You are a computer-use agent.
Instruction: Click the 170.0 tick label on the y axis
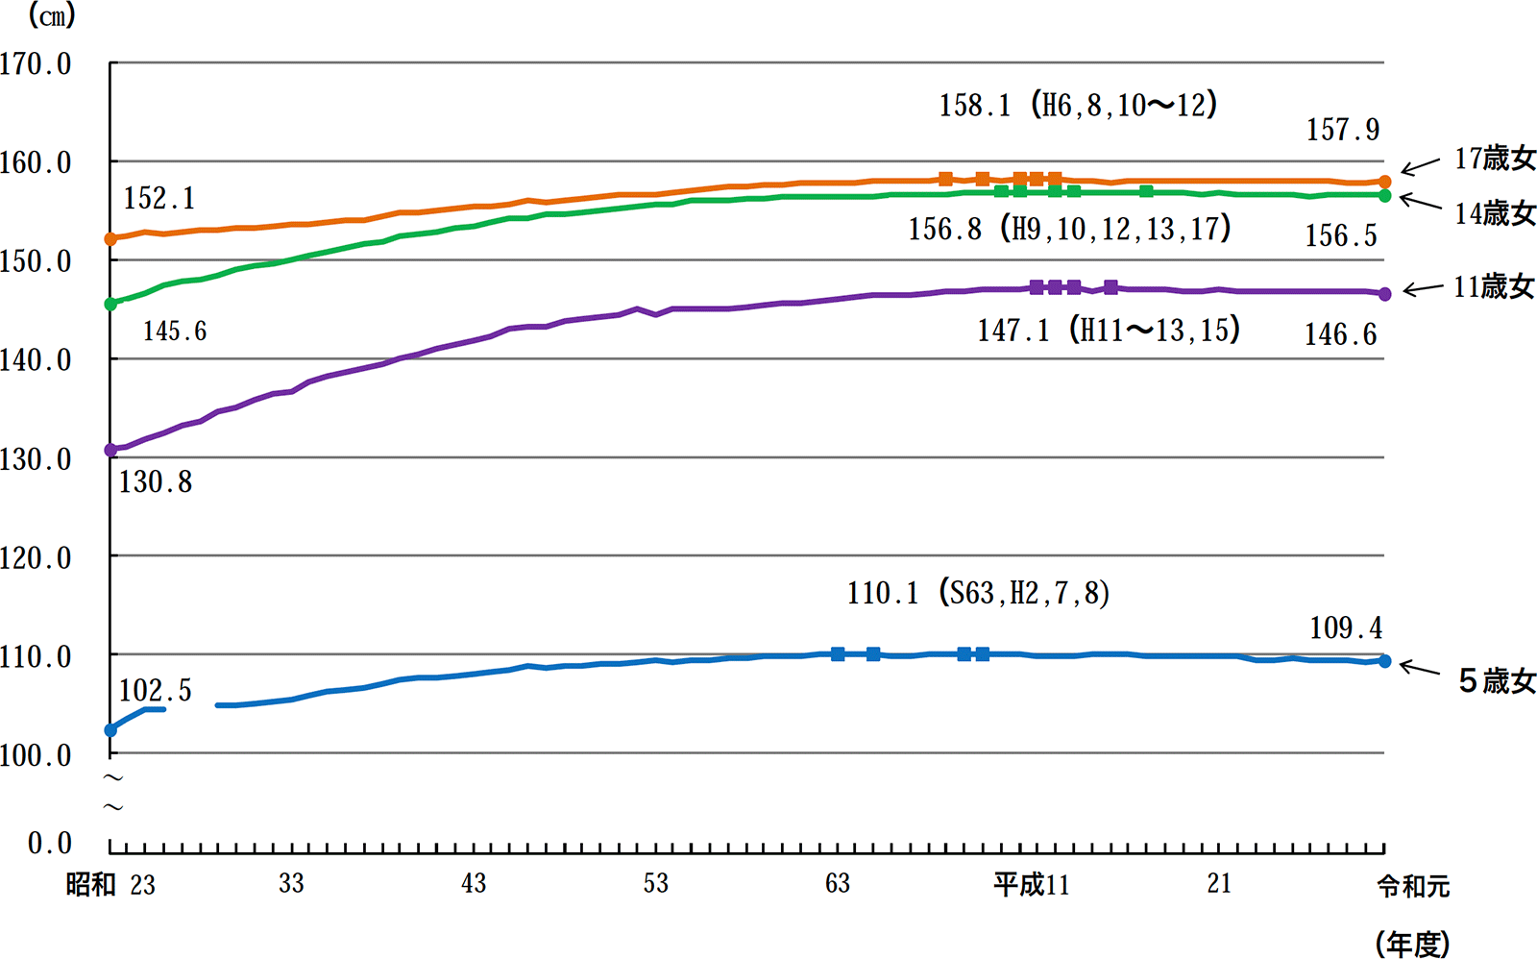[x=35, y=64]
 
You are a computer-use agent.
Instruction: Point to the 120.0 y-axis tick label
[x=35, y=558]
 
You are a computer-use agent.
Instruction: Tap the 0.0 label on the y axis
[x=49, y=843]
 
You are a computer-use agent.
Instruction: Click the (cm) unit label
[x=52, y=15]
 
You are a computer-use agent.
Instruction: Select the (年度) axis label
[x=1413, y=944]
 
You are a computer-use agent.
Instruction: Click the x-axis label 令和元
[x=1413, y=886]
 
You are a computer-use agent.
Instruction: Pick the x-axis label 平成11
[x=1032, y=885]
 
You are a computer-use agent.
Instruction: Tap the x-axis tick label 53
[x=655, y=883]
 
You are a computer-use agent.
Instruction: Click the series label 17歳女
[x=1495, y=159]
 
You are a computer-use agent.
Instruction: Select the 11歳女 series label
[x=1494, y=286]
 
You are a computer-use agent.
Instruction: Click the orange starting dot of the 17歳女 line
[x=110, y=239]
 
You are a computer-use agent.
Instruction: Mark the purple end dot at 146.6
[x=1384, y=294]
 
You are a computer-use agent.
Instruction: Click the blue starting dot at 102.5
[x=110, y=729]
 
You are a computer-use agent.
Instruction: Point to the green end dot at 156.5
[x=1384, y=196]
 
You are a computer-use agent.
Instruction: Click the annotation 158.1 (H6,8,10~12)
[x=1078, y=105]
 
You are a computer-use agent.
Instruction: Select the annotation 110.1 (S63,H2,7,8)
[x=979, y=593]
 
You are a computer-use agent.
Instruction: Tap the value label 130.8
[x=156, y=482]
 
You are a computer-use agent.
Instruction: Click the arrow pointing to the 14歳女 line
[x=1420, y=201]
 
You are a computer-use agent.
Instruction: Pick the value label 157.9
[x=1342, y=131]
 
